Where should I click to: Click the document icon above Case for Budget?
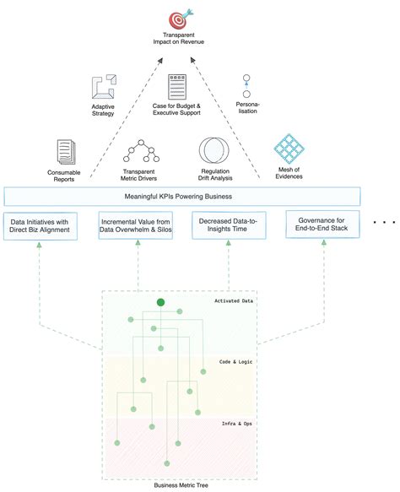[176, 87]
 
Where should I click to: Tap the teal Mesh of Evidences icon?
[289, 150]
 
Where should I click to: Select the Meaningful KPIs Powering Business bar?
[182, 197]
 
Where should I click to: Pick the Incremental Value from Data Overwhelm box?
[136, 225]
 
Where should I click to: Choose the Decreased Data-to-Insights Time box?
[230, 225]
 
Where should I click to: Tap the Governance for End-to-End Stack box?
[322, 225]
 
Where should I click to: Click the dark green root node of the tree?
[160, 302]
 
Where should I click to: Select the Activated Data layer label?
[235, 300]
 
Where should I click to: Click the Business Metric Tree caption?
[180, 484]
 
